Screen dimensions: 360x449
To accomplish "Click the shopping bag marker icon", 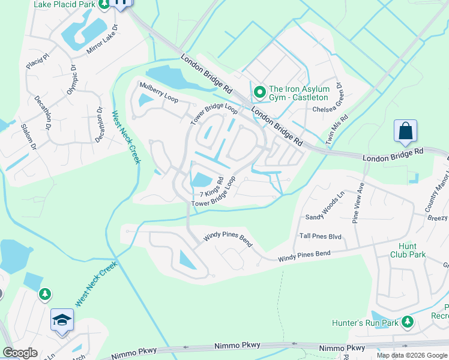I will [405, 130].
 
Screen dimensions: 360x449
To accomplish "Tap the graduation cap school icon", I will [62, 320].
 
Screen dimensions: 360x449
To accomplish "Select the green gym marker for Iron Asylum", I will [260, 92].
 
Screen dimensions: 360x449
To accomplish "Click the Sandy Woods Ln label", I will [325, 207].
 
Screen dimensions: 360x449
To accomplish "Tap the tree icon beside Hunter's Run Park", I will [408, 322].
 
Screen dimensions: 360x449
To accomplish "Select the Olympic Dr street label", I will [73, 80].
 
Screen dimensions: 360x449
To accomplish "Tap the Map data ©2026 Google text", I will [412, 355].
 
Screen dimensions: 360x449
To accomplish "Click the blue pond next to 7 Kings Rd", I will [200, 179].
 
